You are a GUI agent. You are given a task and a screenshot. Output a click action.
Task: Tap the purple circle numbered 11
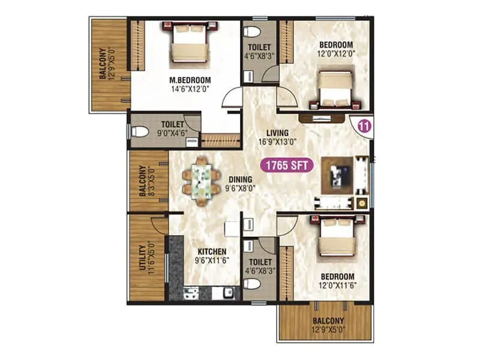click(363, 127)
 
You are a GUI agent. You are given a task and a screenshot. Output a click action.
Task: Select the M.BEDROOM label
click(173, 80)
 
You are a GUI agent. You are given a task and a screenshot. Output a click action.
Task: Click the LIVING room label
click(278, 133)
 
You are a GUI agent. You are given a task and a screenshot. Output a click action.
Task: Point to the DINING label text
click(240, 179)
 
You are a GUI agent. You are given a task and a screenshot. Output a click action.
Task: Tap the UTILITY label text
click(142, 258)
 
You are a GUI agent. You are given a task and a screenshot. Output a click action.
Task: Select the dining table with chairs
click(201, 179)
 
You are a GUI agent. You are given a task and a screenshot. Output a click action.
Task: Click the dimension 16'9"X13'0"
click(278, 142)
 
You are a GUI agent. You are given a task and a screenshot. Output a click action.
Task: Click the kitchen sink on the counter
click(229, 293)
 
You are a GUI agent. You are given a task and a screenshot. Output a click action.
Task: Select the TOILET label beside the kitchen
click(260, 262)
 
